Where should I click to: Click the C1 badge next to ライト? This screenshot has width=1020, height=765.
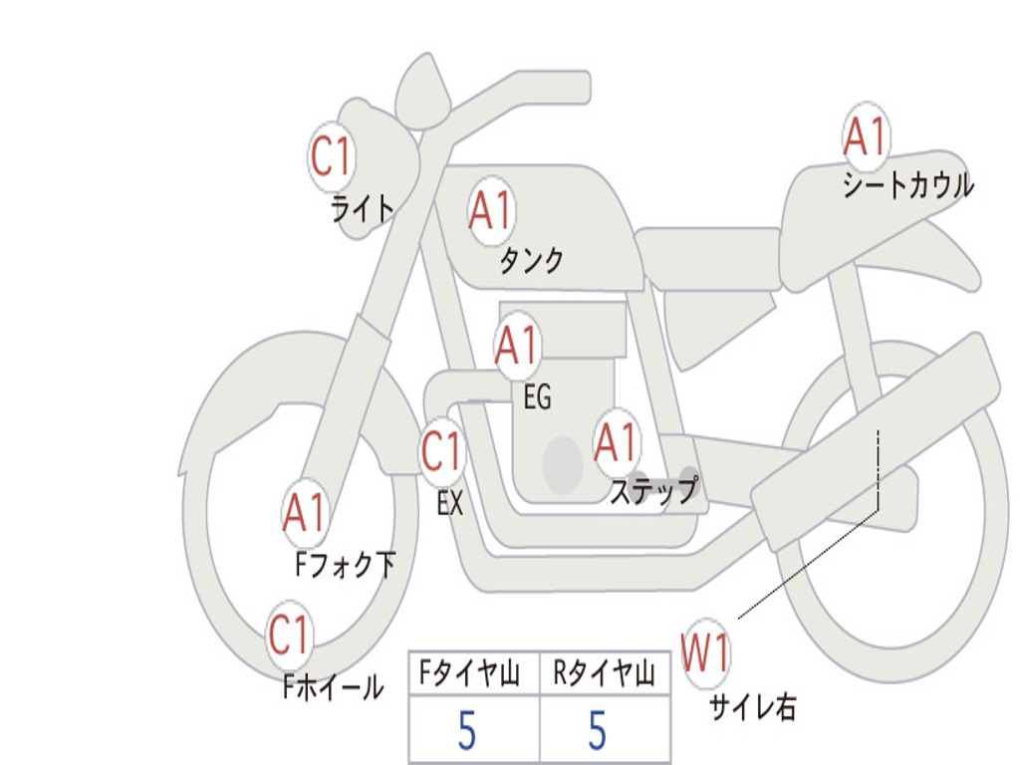coord(332,156)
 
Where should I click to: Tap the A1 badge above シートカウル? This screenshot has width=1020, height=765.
coord(865,137)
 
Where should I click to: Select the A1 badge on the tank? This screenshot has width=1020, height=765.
coord(490,211)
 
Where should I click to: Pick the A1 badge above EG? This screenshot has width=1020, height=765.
coord(517,346)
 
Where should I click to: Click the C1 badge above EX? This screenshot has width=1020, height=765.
coord(442,453)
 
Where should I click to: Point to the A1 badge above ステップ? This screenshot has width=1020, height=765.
coord(616,442)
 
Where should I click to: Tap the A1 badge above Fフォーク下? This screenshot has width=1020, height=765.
coord(305,513)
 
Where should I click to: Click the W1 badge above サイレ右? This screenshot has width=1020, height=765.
coord(705,654)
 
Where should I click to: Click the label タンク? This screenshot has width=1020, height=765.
coord(531,261)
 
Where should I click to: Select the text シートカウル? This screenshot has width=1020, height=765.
coord(907,186)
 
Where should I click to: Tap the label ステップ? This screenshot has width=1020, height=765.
coord(653,491)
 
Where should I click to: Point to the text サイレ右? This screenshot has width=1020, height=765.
coord(752,707)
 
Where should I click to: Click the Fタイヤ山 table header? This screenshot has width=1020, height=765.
coord(470,675)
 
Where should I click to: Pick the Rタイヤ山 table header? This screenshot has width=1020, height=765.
coord(605,675)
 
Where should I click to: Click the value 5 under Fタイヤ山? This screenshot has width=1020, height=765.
coord(467,732)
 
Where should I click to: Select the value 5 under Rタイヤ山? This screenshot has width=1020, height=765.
coord(598,732)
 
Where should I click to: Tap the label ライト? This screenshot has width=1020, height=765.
coord(363,208)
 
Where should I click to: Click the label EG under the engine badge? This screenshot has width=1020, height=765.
coord(537,398)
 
